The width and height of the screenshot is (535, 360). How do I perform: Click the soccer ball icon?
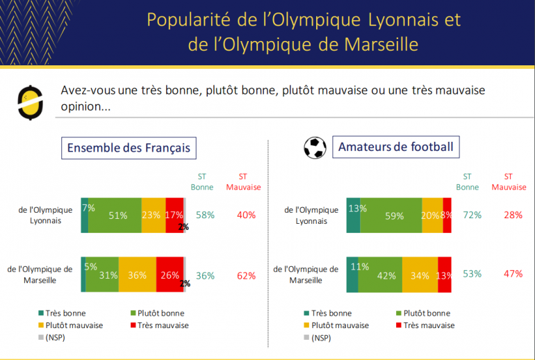pyautogui.click(x=315, y=147)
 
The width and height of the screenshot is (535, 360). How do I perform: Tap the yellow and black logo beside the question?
pyautogui.click(x=30, y=99)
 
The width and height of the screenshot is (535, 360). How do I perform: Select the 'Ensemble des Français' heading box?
pyautogui.click(x=128, y=147)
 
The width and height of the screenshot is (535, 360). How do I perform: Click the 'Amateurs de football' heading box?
pyautogui.click(x=395, y=147)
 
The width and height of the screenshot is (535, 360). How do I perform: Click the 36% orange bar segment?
pyautogui.click(x=137, y=275)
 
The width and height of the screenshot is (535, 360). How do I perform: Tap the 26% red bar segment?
pyautogui.click(x=170, y=275)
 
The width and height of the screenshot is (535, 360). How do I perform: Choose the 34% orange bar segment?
pyautogui.click(x=420, y=274)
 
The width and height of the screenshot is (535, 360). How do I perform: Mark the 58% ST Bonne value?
pyautogui.click(x=206, y=215)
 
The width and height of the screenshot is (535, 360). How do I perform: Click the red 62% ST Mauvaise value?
pyautogui.click(x=247, y=275)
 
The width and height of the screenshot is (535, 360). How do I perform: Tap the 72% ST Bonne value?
pyautogui.click(x=472, y=215)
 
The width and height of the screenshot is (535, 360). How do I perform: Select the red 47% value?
pyautogui.click(x=513, y=274)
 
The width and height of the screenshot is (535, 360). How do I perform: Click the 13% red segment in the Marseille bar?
pyautogui.click(x=445, y=274)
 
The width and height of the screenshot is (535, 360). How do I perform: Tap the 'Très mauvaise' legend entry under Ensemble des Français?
pyautogui.click(x=160, y=325)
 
